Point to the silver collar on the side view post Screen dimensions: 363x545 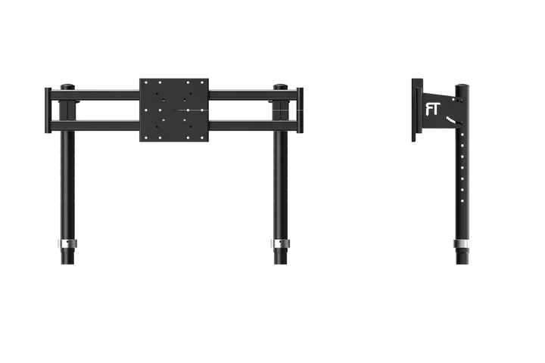(463, 243)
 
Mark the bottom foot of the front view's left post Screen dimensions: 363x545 (67, 258)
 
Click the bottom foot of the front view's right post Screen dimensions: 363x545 (280, 258)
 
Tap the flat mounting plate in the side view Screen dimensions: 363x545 (416, 107)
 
